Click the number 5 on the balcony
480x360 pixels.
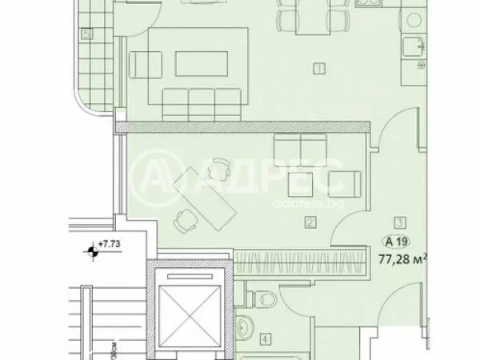[x=86, y=34]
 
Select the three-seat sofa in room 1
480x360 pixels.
[x=201, y=102]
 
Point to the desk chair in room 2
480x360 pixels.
[x=186, y=222]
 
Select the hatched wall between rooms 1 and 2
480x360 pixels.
[x=240, y=126]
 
